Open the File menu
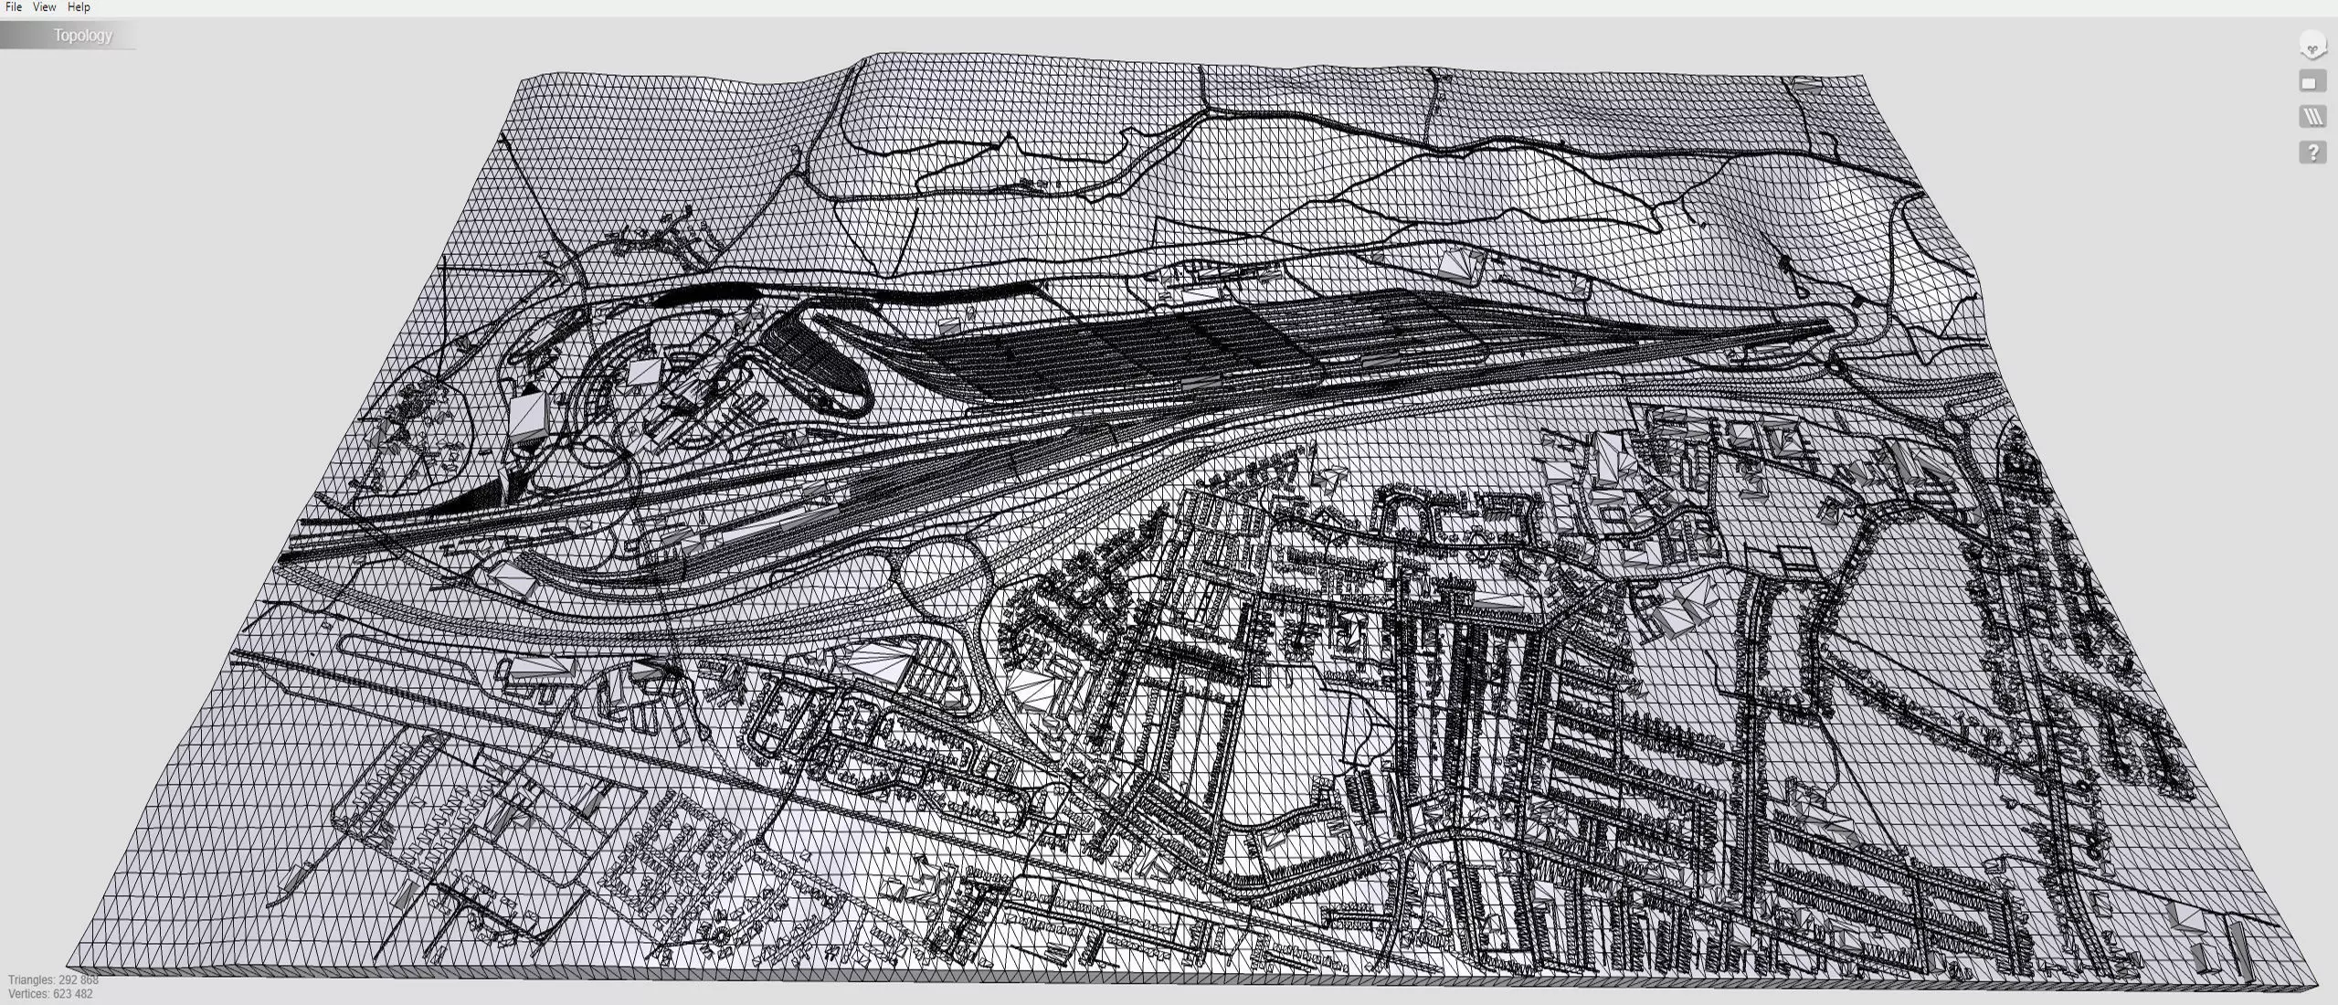coord(13,7)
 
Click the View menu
coord(44,7)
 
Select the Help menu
coord(79,7)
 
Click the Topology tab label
coord(82,36)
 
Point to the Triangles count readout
coord(53,979)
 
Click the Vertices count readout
coord(50,994)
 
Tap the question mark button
coord(2312,152)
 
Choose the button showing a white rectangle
coord(2312,82)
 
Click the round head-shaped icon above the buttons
coord(2312,46)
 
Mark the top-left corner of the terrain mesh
coord(519,79)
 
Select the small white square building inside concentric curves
coord(642,371)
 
